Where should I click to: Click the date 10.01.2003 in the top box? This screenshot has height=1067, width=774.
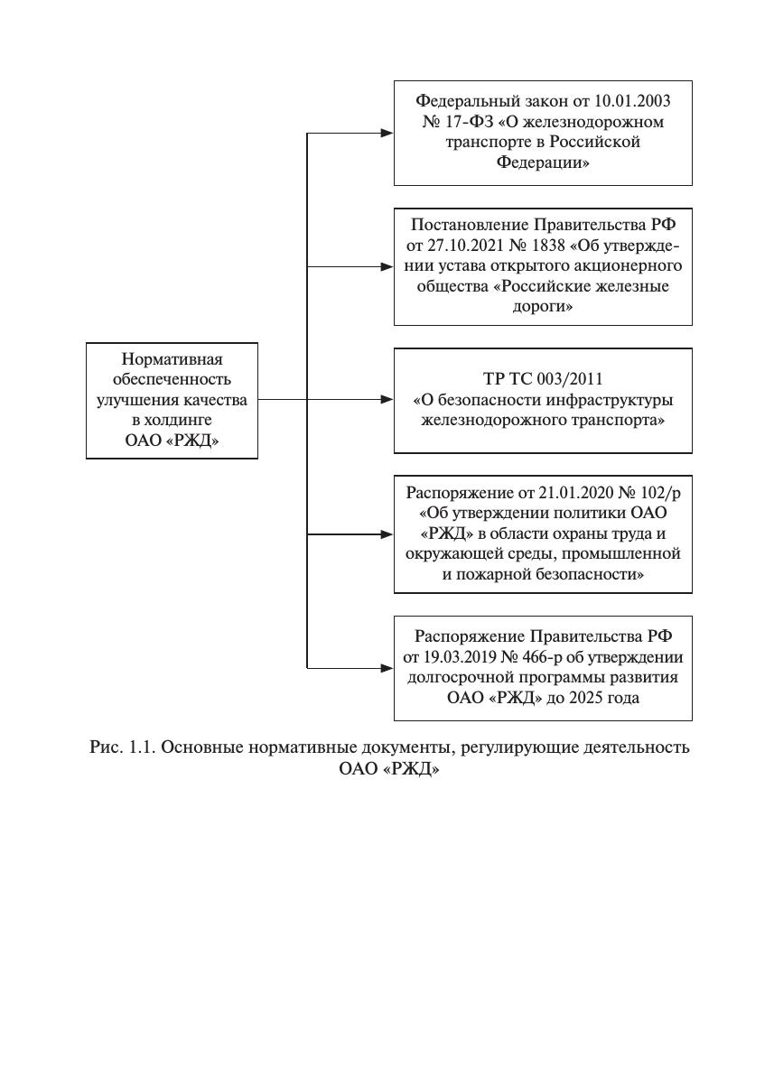tap(632, 101)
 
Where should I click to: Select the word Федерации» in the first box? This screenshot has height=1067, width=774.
tap(543, 162)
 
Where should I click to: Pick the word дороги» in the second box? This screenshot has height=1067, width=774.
tap(543, 306)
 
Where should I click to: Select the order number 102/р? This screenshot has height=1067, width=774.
tap(660, 492)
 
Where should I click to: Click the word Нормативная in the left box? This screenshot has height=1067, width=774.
tap(173, 358)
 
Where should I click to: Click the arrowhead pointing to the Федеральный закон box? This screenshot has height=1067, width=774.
tap(387, 134)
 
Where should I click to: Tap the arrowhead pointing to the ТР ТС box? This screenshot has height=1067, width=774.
tap(387, 400)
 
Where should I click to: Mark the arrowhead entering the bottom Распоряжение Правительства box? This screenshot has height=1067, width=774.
tap(387, 668)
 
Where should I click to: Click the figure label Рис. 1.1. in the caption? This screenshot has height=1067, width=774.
tap(123, 747)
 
